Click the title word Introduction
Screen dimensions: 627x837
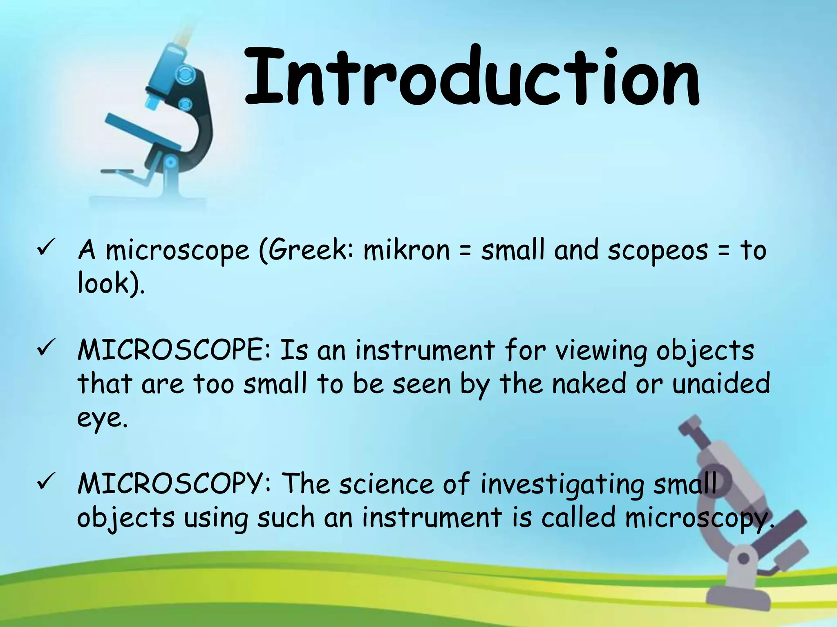pos(472,78)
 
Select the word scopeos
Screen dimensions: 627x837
pos(658,251)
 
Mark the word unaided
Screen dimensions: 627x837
pos(721,384)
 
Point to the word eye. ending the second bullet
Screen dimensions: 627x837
pos(102,418)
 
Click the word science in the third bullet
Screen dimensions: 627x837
pos(386,484)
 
